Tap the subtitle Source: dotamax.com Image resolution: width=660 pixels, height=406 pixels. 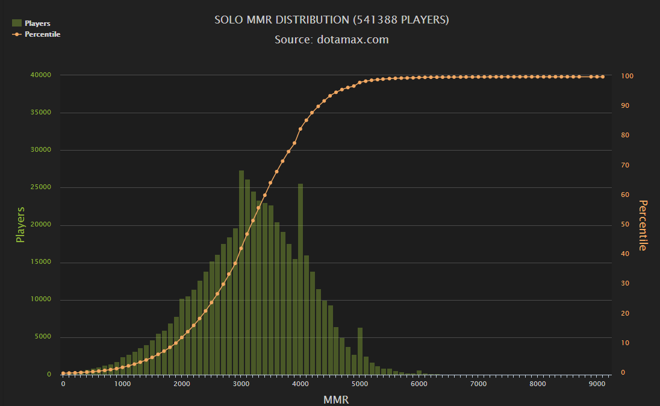pos(331,40)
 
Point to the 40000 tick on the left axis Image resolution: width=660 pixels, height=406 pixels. pos(41,75)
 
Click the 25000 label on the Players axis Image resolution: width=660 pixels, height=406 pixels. pos(41,187)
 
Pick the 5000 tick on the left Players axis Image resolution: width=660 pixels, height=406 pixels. pos(43,337)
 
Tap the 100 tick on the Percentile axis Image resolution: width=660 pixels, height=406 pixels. pos(627,76)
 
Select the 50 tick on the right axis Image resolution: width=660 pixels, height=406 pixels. pos(625,225)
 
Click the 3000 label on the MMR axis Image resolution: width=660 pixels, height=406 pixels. pos(241,384)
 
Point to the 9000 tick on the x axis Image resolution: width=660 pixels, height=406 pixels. pos(597,384)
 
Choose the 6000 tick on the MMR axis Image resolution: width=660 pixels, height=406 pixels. pos(419,384)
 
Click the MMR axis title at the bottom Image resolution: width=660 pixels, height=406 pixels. pos(335,399)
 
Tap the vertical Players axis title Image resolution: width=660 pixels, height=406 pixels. pos(20,225)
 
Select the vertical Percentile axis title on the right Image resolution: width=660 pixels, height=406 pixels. pos(643,225)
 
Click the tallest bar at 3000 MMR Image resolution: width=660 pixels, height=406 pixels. pos(241,271)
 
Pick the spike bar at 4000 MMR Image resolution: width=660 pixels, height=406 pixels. pos(300,277)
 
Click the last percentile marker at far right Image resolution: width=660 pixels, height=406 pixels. pos(603,77)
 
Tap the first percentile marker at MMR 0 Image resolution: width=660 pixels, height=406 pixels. pos(63,373)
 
